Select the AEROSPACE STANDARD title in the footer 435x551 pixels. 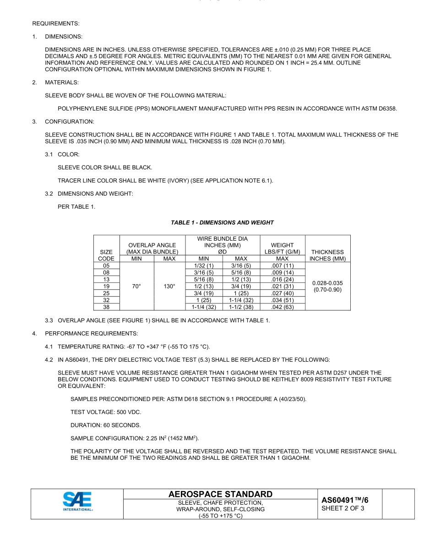[x=220, y=494]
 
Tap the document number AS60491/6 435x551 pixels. [x=344, y=500]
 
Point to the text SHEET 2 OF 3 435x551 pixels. [x=343, y=508]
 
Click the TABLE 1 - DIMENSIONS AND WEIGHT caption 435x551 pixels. [x=222, y=223]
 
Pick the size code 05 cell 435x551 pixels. [x=106, y=266]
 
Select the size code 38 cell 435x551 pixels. [x=106, y=307]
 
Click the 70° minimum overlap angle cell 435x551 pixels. [x=136, y=287]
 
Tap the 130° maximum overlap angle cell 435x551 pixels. [x=169, y=287]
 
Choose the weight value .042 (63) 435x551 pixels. [x=282, y=307]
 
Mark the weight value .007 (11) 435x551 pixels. [x=282, y=266]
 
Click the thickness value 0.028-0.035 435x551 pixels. [x=327, y=283]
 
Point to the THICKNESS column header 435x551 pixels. [x=327, y=252]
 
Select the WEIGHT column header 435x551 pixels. [x=282, y=245]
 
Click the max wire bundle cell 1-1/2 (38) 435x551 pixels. [x=241, y=307]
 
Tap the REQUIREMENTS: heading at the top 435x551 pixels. [x=55, y=23]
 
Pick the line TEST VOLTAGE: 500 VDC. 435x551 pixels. [x=106, y=412]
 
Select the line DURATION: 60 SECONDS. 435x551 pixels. [x=106, y=425]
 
